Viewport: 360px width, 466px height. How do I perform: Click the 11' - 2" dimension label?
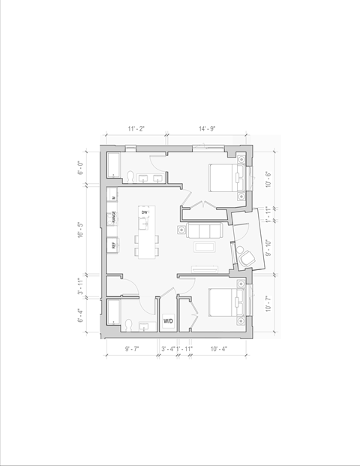[x=136, y=129]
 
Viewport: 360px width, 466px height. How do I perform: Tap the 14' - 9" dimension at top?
[x=208, y=129]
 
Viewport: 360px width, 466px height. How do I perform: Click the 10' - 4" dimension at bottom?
[x=220, y=349]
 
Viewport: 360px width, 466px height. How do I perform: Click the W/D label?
[x=168, y=321]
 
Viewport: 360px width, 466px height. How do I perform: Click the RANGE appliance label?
[x=114, y=218]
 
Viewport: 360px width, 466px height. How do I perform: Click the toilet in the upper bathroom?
[x=130, y=176]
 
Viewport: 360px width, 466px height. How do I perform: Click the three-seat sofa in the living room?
[x=203, y=230]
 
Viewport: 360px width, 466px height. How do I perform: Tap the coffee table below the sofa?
[x=205, y=245]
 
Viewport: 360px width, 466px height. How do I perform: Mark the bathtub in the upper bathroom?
[x=113, y=166]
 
